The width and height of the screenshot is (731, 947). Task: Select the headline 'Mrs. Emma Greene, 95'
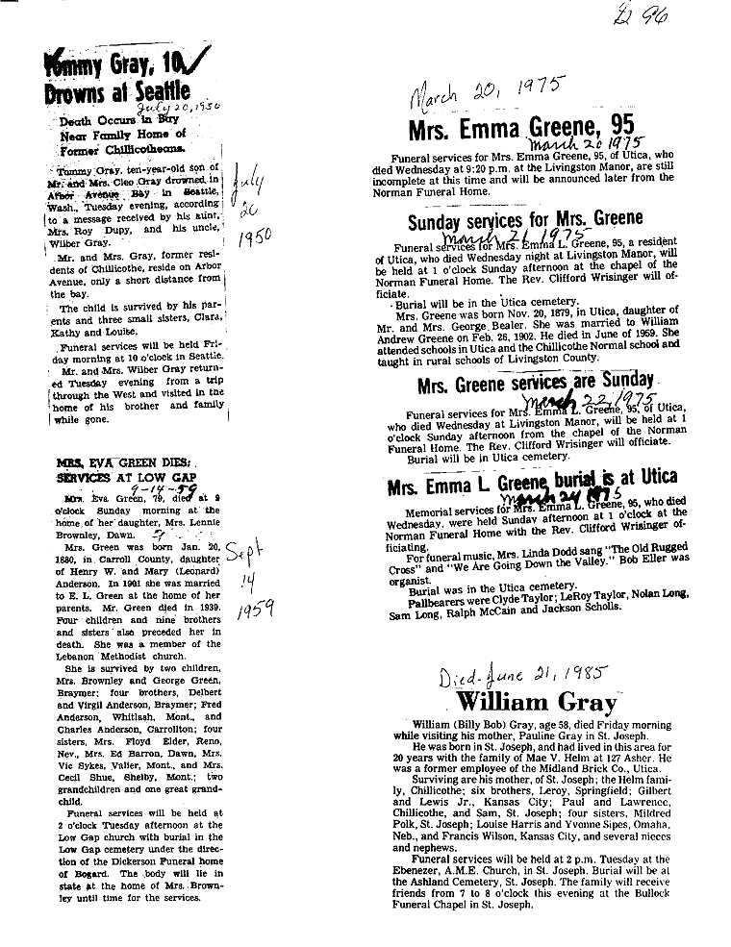click(522, 129)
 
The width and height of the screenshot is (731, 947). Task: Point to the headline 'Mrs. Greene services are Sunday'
click(535, 385)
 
